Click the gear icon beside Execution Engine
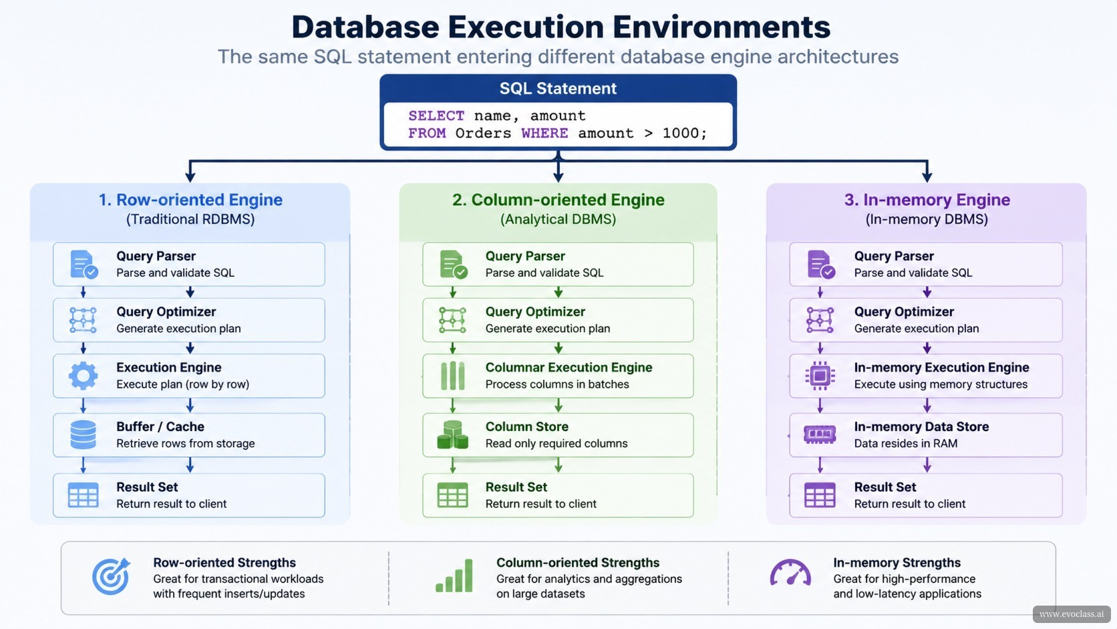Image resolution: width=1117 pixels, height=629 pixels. pyautogui.click(x=83, y=376)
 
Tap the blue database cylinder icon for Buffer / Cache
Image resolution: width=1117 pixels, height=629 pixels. pyautogui.click(x=83, y=434)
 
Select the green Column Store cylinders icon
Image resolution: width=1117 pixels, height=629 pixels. pyautogui.click(x=452, y=434)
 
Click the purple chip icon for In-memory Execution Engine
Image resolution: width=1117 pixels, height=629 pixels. pyautogui.click(x=820, y=376)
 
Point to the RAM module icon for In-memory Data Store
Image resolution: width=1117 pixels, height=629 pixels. pyautogui.click(x=820, y=434)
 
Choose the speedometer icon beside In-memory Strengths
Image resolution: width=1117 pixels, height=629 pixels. pyautogui.click(x=790, y=573)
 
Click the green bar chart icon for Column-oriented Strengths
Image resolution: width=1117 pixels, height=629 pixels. pyautogui.click(x=454, y=576)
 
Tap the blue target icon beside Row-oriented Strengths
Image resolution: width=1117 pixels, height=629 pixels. pyautogui.click(x=111, y=576)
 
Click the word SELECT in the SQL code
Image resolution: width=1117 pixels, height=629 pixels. pyautogui.click(x=436, y=116)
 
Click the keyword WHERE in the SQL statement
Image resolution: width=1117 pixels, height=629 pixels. pyautogui.click(x=544, y=133)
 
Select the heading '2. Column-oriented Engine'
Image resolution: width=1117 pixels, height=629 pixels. pyautogui.click(x=558, y=199)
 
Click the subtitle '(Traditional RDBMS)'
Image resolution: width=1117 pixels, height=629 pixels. pyautogui.click(x=190, y=219)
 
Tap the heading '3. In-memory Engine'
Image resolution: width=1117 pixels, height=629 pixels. pyautogui.click(x=927, y=199)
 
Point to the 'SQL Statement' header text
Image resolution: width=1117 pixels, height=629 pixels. pyautogui.click(x=558, y=88)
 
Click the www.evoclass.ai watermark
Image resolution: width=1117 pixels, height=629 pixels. pyautogui.click(x=1072, y=614)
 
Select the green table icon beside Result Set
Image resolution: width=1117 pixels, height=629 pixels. pyautogui.click(x=452, y=495)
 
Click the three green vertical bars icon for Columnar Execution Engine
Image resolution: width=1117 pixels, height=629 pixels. pyautogui.click(x=452, y=376)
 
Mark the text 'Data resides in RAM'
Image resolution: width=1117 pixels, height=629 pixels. pyautogui.click(x=906, y=443)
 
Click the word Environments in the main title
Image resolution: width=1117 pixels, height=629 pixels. pyautogui.click(x=721, y=27)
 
